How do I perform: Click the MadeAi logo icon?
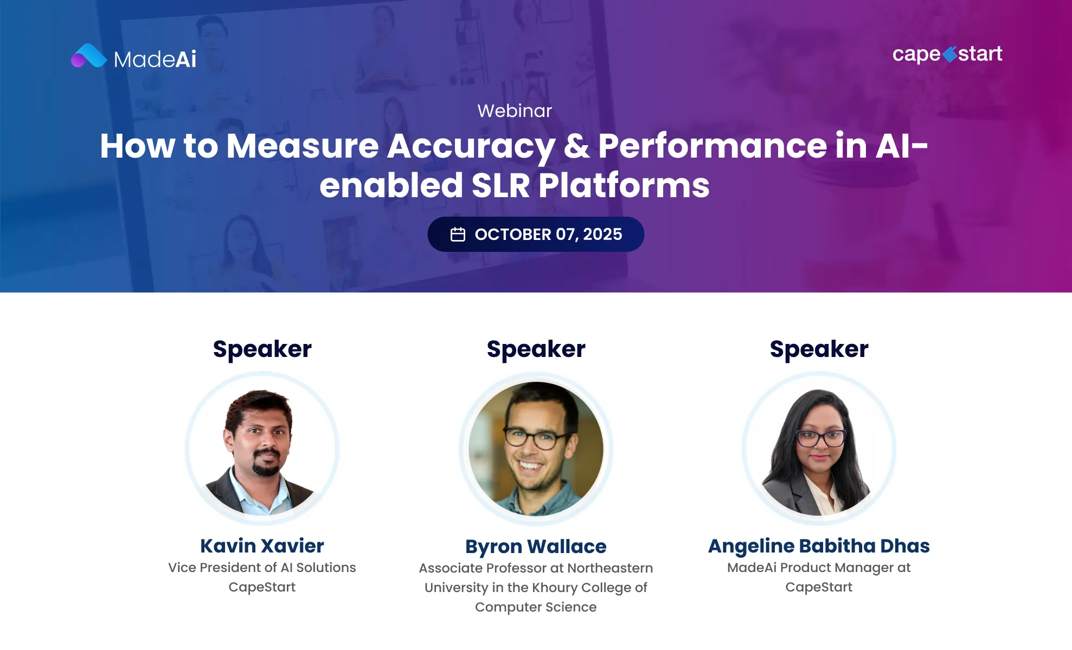[89, 56]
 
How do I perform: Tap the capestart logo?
[947, 54]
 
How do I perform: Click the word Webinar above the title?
[515, 111]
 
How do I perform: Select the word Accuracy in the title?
[471, 146]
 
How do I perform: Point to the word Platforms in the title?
[624, 186]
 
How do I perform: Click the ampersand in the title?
[577, 146]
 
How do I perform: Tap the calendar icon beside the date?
[458, 235]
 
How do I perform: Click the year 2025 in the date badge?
[602, 235]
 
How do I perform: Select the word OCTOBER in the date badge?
[513, 235]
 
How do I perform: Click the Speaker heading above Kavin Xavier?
[262, 349]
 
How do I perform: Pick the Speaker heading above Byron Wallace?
[536, 349]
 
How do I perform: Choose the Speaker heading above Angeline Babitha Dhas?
[819, 349]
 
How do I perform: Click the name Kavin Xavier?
[262, 546]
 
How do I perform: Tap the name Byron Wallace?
[536, 547]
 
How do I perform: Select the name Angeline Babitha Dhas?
[819, 546]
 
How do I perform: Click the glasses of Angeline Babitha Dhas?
[820, 437]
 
